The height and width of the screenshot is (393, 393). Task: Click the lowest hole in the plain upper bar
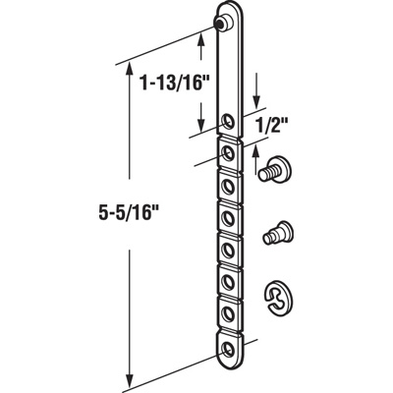point(228,122)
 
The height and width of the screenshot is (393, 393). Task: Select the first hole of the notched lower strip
point(229,153)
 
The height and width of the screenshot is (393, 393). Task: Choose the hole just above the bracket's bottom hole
point(230,313)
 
